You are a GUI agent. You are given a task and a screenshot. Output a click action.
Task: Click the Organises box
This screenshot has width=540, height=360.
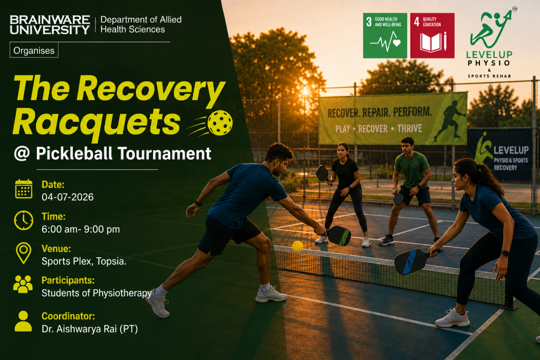click(x=34, y=50)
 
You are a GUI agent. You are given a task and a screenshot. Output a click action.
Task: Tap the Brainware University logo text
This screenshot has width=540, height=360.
click(x=50, y=24)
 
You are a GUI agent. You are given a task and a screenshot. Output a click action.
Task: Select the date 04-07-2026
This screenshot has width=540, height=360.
click(x=67, y=197)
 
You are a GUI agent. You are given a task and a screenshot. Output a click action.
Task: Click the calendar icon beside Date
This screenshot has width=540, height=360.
click(x=23, y=189)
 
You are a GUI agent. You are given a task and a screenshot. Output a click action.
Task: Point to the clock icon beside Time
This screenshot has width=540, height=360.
click(x=23, y=220)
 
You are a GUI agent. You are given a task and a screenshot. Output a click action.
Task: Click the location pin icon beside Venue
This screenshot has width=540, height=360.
click(x=23, y=253)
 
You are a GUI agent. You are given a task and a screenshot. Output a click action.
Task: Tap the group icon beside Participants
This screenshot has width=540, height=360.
click(x=23, y=284)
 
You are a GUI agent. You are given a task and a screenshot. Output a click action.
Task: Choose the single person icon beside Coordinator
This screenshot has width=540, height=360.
click(x=23, y=321)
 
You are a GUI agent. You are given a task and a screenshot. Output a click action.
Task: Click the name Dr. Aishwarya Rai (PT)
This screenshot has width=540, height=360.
click(x=90, y=329)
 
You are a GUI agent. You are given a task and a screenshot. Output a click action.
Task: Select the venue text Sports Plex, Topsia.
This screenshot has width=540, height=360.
click(x=84, y=261)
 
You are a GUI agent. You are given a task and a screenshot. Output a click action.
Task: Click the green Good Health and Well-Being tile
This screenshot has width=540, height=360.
click(x=385, y=35)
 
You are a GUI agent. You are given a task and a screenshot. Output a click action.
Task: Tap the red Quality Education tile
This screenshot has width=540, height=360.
click(x=432, y=35)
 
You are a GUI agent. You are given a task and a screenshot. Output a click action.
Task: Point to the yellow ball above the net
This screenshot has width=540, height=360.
click(x=297, y=247)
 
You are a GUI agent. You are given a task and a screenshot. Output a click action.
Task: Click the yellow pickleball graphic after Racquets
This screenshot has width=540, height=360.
click(x=220, y=122)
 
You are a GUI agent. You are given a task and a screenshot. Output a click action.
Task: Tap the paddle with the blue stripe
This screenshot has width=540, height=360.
click(x=411, y=261)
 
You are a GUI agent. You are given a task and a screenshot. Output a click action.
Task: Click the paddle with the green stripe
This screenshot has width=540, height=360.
click(x=339, y=236)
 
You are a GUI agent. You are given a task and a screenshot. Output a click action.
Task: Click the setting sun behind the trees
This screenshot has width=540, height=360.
click(x=305, y=92)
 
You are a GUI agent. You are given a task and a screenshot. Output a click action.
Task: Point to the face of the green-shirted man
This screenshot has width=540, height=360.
click(x=408, y=147)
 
